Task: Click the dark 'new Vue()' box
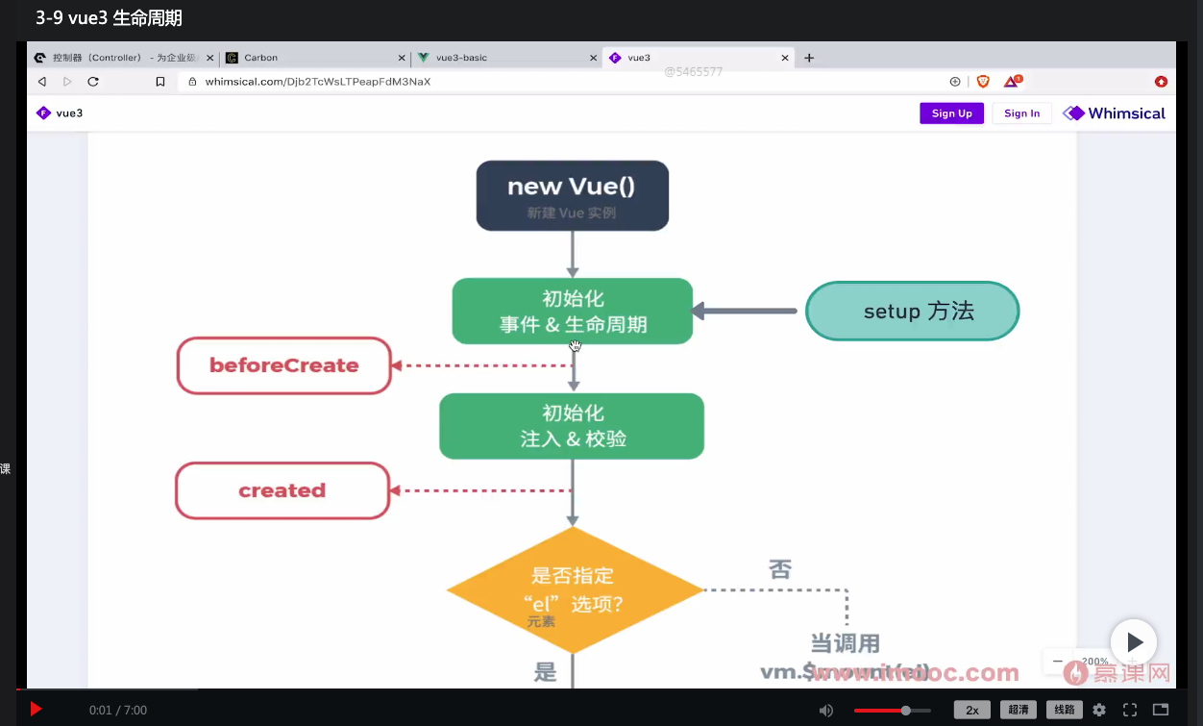click(x=572, y=195)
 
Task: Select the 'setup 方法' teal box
click(x=912, y=311)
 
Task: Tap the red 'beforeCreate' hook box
click(x=284, y=365)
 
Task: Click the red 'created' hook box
click(x=282, y=490)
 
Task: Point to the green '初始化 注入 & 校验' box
click(x=572, y=426)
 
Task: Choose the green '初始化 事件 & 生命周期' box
click(x=572, y=311)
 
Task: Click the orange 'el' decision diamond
click(x=575, y=590)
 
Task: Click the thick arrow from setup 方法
click(x=745, y=311)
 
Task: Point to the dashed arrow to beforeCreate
click(x=480, y=365)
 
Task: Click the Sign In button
click(x=1021, y=113)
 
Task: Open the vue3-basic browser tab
click(x=461, y=58)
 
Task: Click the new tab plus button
click(x=809, y=58)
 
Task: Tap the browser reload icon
click(x=93, y=82)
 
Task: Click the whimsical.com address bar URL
click(x=318, y=82)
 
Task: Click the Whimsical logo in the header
click(x=1115, y=113)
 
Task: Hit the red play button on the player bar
click(x=36, y=710)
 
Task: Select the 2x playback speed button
click(x=971, y=710)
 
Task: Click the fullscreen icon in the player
click(x=1130, y=710)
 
